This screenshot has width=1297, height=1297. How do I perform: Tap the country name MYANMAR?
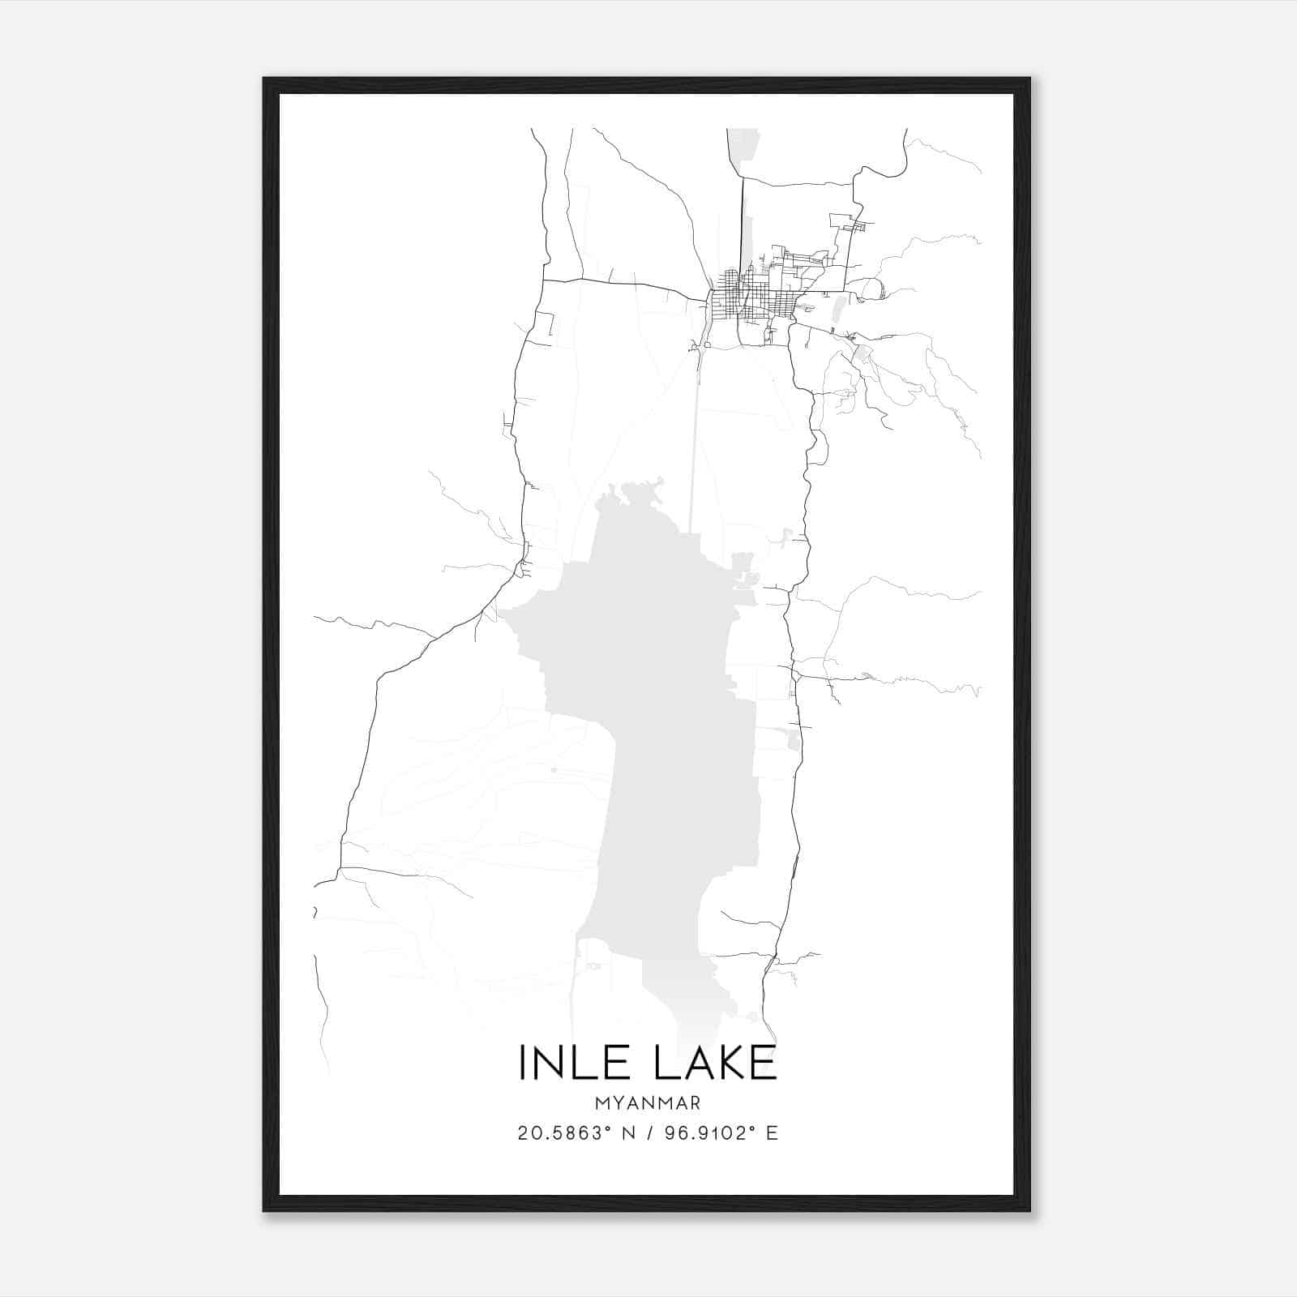tap(647, 1103)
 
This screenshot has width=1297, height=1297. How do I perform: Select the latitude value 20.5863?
tap(559, 1133)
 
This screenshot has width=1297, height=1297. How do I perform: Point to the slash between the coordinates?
tap(648, 1133)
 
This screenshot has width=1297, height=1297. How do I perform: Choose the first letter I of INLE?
tap(523, 1063)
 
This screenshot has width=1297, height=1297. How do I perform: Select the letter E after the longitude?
tap(772, 1133)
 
